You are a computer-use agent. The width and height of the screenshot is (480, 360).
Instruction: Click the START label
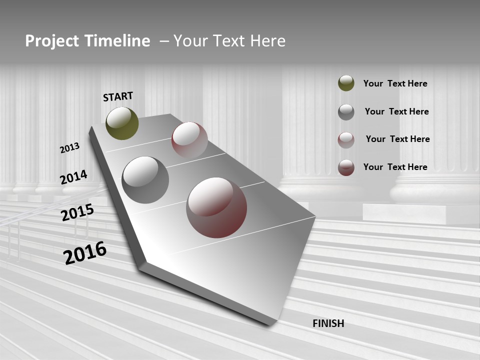(118, 96)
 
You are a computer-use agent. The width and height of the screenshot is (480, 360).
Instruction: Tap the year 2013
(70, 148)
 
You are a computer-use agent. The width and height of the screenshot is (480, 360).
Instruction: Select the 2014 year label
(73, 177)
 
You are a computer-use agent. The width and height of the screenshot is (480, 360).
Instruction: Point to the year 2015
(77, 212)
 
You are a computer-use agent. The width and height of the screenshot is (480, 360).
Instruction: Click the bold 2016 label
(85, 252)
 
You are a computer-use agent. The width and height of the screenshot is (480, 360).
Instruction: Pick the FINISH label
(328, 323)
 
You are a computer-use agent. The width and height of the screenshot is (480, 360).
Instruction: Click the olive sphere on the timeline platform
(122, 123)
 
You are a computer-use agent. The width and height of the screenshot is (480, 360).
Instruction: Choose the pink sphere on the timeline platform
(189, 140)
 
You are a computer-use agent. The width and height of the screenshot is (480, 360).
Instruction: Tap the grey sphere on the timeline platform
(145, 180)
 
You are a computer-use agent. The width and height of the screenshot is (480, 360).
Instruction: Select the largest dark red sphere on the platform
(216, 207)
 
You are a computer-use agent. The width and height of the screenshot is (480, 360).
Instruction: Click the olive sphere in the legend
(346, 83)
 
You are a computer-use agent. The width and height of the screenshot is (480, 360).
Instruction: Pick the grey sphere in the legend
(346, 112)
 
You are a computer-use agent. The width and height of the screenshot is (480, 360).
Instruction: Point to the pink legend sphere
(346, 140)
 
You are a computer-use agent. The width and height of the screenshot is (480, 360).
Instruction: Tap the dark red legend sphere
(346, 167)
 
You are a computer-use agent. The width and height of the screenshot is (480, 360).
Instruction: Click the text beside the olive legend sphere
(395, 83)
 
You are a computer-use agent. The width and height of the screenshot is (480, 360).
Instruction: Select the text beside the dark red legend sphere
(395, 167)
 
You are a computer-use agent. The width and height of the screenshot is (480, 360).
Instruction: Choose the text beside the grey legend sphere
(396, 111)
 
